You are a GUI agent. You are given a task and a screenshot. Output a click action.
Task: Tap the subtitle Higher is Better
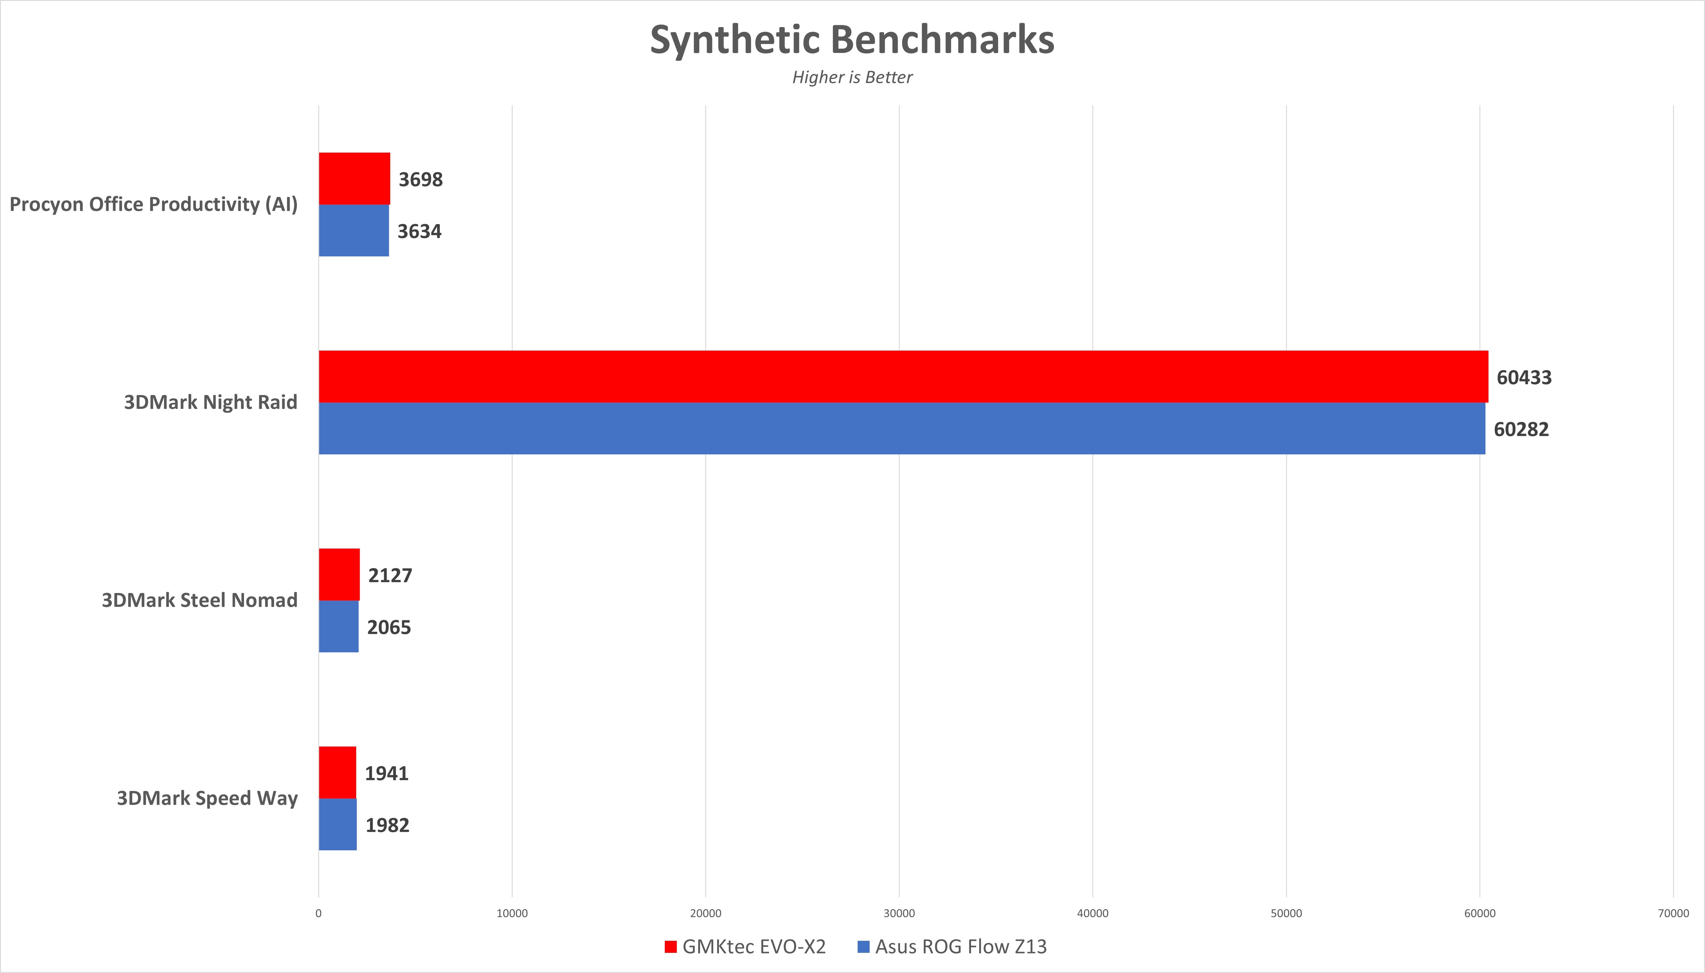(x=852, y=78)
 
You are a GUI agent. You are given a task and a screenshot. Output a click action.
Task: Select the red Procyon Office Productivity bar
(x=354, y=178)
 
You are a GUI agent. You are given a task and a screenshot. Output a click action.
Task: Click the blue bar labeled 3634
(x=353, y=230)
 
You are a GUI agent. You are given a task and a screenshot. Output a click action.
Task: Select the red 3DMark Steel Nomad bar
(x=339, y=575)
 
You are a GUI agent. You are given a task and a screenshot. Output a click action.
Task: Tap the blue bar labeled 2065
(x=338, y=626)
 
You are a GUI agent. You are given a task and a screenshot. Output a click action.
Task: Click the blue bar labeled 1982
(x=338, y=825)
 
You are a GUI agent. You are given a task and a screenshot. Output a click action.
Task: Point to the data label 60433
(x=1524, y=378)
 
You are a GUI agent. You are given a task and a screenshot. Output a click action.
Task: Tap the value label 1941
(x=386, y=773)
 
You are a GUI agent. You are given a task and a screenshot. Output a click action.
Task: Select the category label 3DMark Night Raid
(x=211, y=402)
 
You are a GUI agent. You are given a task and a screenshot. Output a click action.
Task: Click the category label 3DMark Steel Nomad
(x=199, y=600)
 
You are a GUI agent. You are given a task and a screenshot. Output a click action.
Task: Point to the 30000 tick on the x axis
(x=899, y=913)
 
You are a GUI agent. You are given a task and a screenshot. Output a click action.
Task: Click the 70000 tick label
(x=1673, y=913)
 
